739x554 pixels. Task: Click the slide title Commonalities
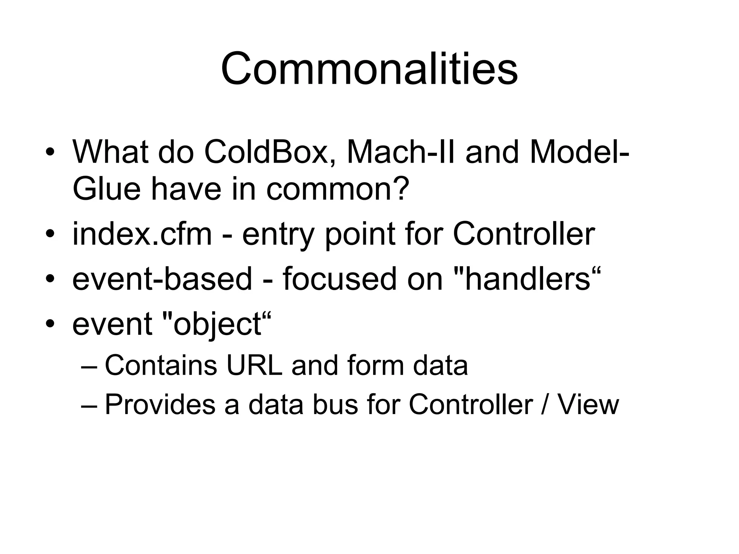coord(369,69)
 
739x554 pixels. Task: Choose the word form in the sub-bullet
coord(376,365)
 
